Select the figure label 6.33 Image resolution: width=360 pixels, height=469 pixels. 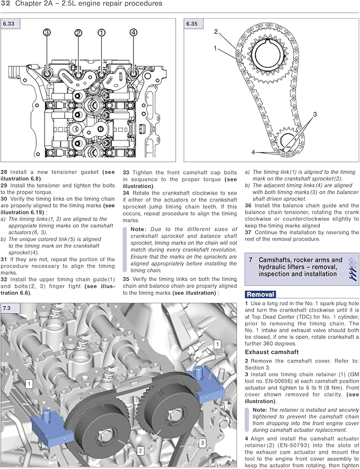coord(10,23)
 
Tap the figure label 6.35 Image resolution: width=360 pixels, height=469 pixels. coord(192,23)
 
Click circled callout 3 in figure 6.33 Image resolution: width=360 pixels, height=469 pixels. coord(47,33)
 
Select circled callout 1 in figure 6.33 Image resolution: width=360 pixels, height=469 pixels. coord(101,33)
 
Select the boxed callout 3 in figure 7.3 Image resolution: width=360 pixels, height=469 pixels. coord(201,441)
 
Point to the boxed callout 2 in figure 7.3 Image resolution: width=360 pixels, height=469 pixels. coord(141,450)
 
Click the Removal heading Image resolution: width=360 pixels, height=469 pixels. coord(260,294)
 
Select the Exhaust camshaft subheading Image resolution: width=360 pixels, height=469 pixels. coord(271,352)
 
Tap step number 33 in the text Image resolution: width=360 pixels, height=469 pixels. coord(127,172)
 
